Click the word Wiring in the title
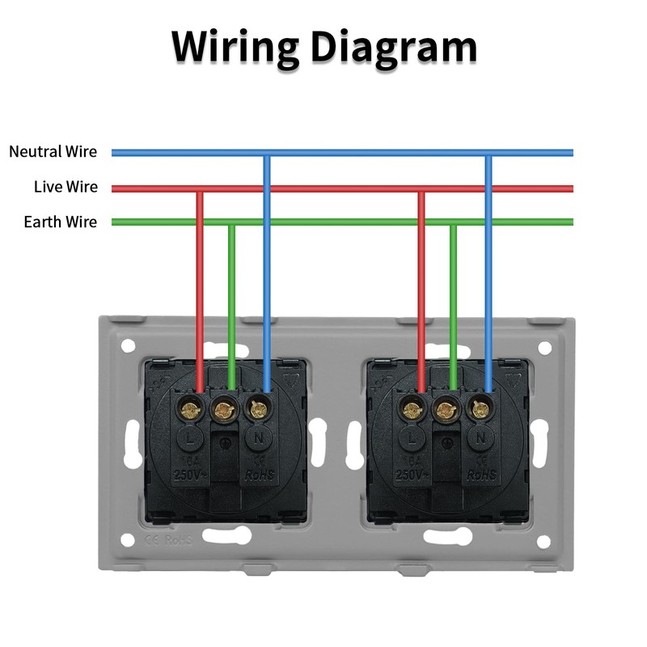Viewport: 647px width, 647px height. pyautogui.click(x=234, y=47)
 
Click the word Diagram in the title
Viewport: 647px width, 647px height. pyautogui.click(x=394, y=47)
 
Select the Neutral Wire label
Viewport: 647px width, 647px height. pyautogui.click(x=53, y=151)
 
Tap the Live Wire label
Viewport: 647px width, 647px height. pyautogui.click(x=66, y=187)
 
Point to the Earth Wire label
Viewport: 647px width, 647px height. pyautogui.click(x=60, y=222)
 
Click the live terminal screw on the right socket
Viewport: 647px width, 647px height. pyautogui.click(x=412, y=409)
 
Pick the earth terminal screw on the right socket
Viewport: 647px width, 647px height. pyautogui.click(x=444, y=411)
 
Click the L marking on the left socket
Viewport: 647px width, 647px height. pyautogui.click(x=191, y=438)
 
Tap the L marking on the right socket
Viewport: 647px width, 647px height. pyautogui.click(x=412, y=439)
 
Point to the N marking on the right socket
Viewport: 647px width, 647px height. pyautogui.click(x=480, y=438)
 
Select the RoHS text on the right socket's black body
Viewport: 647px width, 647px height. pyautogui.click(x=480, y=475)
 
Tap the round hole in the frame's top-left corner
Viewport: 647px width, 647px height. pyautogui.click(x=128, y=346)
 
